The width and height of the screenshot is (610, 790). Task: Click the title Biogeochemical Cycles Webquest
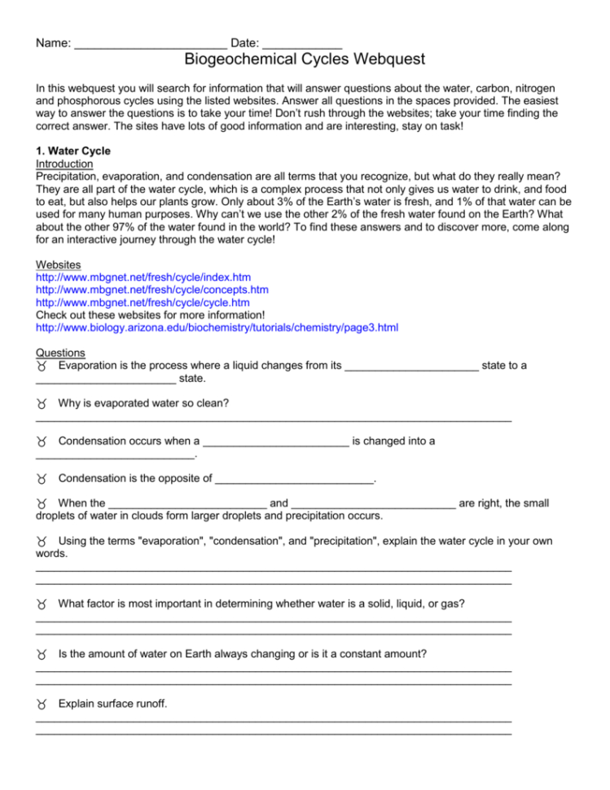[305, 59]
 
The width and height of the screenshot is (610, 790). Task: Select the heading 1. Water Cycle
[73, 151]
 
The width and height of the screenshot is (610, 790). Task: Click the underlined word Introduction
[64, 164]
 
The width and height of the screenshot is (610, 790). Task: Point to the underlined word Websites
[58, 266]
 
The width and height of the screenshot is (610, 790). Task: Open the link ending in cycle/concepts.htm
[152, 290]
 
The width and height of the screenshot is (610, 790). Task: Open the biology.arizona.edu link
[217, 327]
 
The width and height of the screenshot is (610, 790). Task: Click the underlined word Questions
[60, 353]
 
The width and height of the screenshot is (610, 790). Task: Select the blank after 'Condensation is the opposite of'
[293, 480]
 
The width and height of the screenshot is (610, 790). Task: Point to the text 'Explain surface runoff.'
[113, 703]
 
